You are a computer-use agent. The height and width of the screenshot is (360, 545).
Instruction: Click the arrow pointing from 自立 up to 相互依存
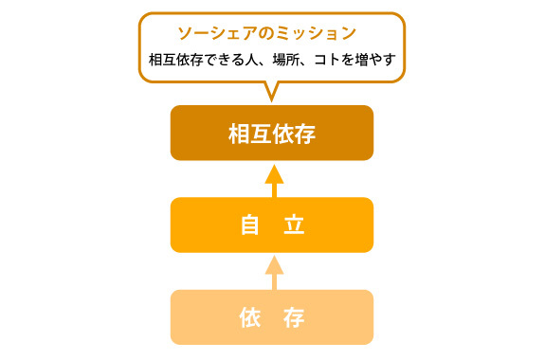[x=274, y=181]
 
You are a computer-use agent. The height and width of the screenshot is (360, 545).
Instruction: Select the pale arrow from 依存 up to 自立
[x=274, y=273]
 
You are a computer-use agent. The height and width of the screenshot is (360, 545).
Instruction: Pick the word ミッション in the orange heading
[x=317, y=33]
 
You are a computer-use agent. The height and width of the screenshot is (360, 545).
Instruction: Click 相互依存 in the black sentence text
[x=176, y=60]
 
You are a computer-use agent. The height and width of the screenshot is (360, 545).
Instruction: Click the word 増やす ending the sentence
[x=375, y=60]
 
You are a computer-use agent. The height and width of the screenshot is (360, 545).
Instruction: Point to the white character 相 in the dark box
[x=239, y=135]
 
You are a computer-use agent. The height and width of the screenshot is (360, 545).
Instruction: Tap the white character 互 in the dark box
[x=261, y=135]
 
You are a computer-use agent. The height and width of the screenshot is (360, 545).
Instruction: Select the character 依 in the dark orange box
[x=283, y=135]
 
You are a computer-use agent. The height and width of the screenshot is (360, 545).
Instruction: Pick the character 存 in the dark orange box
[x=305, y=135]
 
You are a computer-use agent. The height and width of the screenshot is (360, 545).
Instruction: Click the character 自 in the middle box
[x=250, y=225]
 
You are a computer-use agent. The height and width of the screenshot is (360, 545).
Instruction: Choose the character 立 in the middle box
[x=294, y=225]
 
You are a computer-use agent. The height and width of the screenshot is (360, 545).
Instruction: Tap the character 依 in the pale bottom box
[x=250, y=317]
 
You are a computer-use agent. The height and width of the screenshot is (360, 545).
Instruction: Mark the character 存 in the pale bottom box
[x=294, y=317]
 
